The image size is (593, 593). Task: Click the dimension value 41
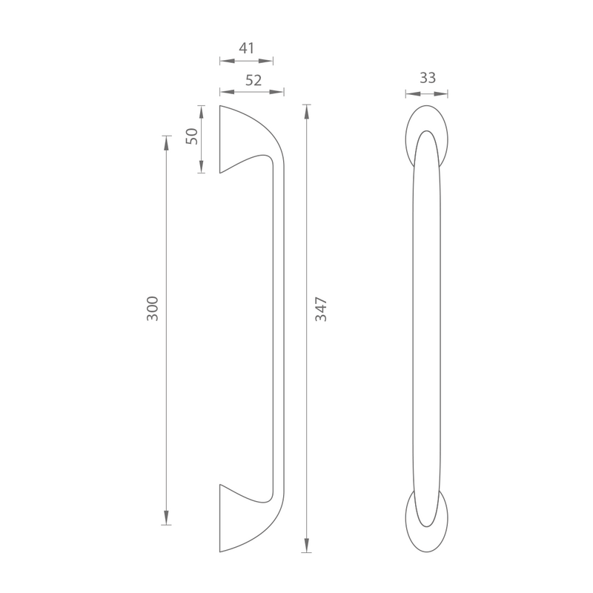[247, 48]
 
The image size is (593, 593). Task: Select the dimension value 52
[254, 80]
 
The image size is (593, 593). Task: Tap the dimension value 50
[192, 136]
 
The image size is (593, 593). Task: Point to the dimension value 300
[153, 308]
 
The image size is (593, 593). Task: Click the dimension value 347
[321, 309]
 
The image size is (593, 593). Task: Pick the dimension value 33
[428, 78]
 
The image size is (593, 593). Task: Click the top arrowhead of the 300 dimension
[166, 143]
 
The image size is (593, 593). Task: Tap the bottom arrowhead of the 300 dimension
[166, 517]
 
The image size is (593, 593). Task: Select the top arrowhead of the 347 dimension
[307, 112]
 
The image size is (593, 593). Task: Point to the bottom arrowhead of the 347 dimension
[307, 545]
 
